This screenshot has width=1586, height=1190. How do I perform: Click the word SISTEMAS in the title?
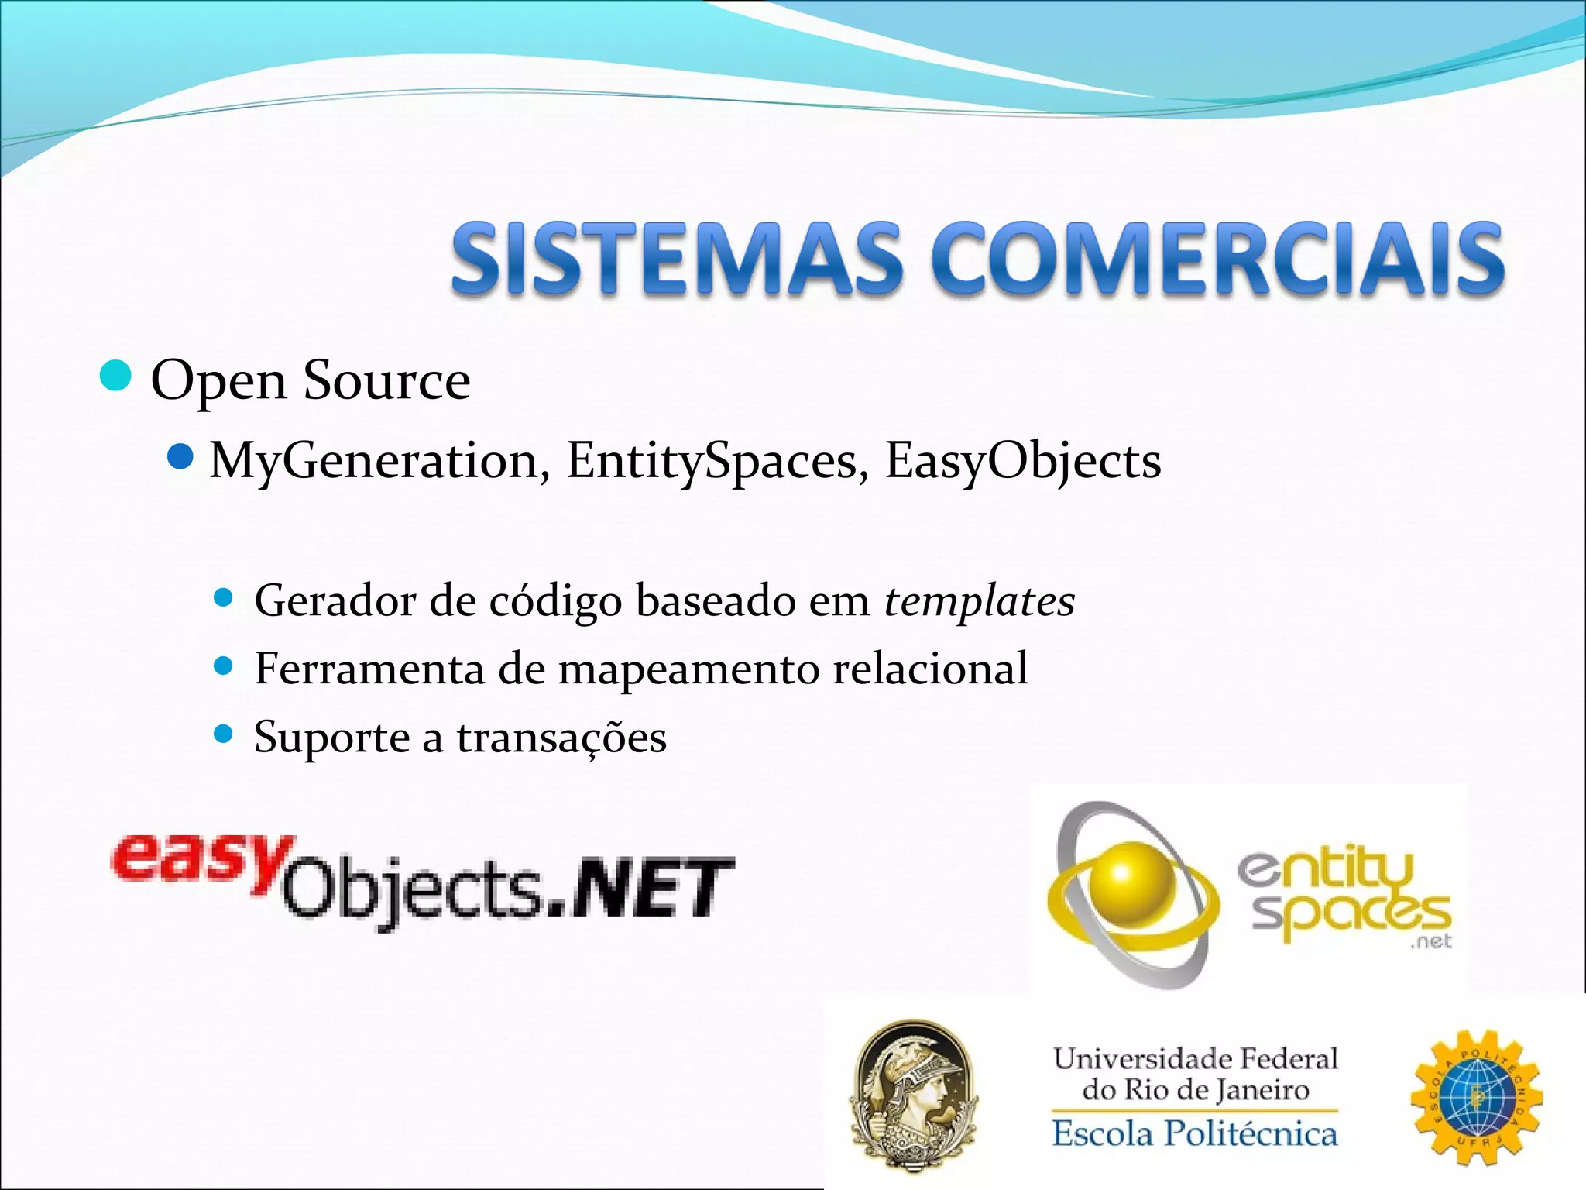point(676,258)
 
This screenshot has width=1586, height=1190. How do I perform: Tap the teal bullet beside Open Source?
point(116,377)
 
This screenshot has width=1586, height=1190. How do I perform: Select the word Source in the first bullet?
point(386,380)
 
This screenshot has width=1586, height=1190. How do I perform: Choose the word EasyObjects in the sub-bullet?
point(1023,461)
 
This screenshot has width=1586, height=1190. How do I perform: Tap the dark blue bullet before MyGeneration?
point(180,457)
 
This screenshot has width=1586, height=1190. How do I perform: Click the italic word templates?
point(980,601)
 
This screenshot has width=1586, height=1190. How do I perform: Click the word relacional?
point(930,668)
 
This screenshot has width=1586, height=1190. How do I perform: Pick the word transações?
point(561,737)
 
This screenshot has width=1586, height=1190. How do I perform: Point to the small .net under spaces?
point(1431,941)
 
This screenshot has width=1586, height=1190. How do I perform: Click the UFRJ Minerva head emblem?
point(914,1096)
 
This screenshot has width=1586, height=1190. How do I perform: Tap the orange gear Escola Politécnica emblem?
point(1476,1097)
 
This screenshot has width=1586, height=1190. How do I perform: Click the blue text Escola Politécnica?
point(1194,1133)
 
